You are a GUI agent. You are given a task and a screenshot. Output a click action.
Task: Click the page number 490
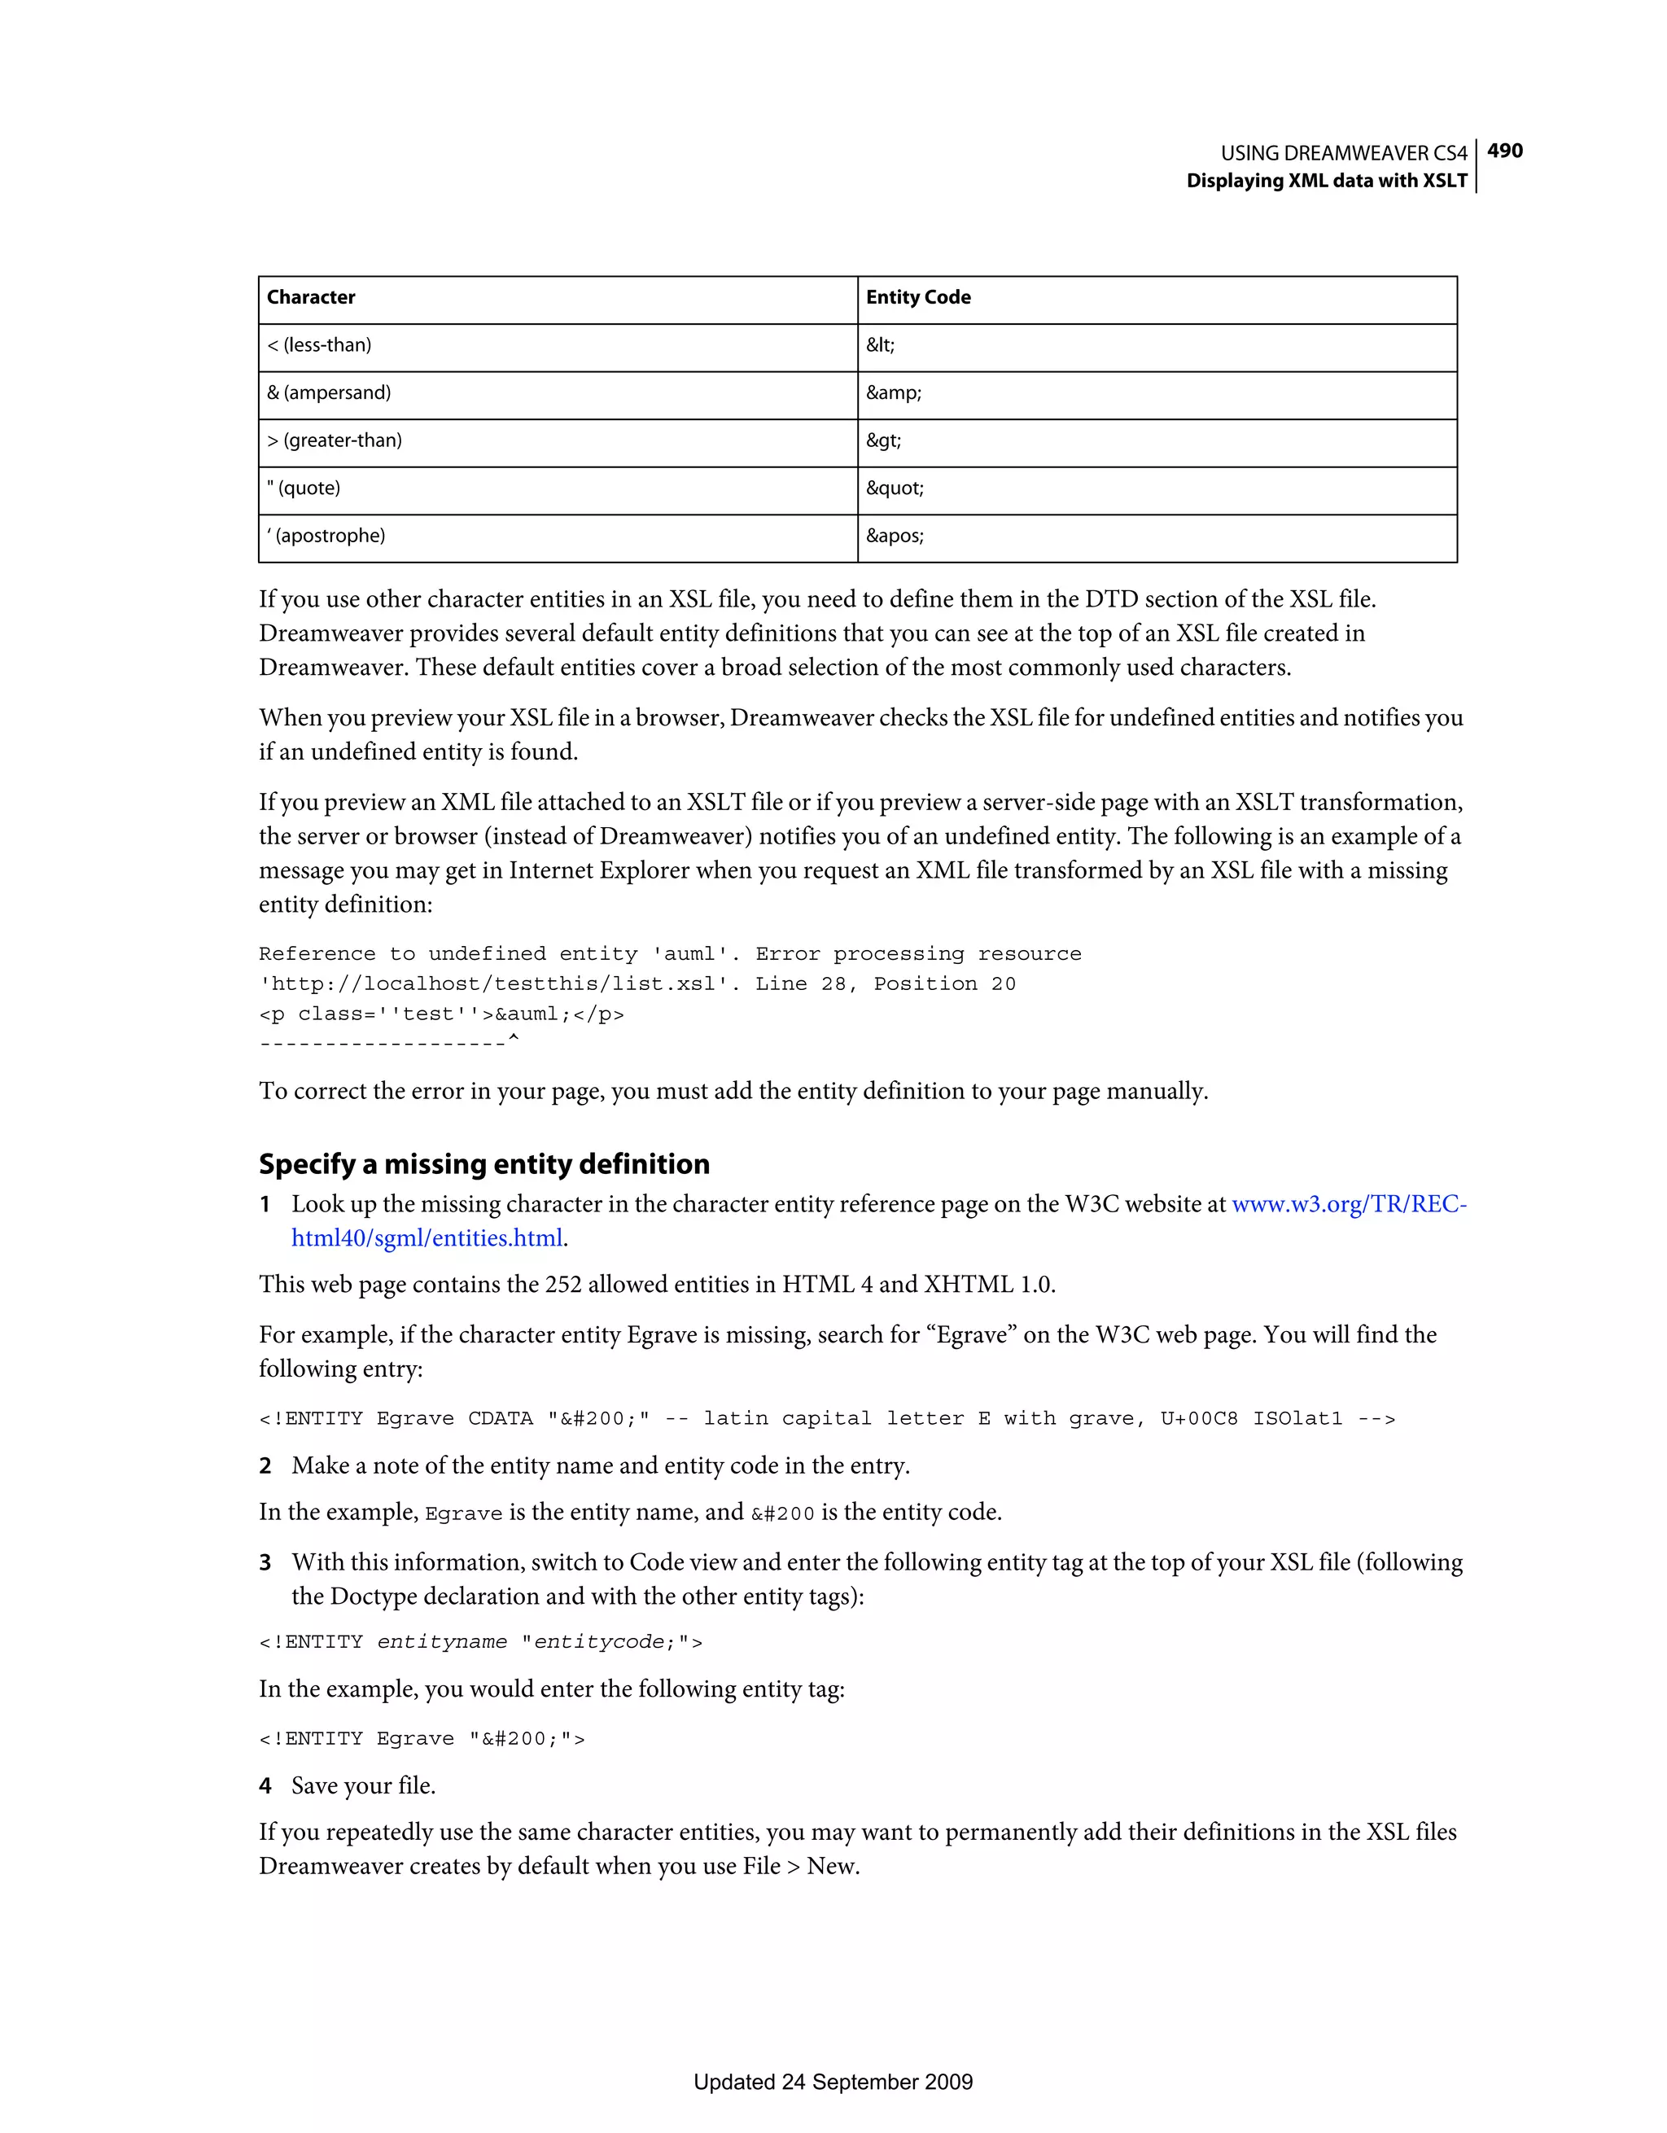tap(1504, 151)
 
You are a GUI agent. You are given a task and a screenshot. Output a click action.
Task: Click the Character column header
tap(311, 297)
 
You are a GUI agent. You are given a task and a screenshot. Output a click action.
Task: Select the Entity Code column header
tap(917, 297)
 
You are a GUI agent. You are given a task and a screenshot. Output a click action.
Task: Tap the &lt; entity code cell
tap(880, 344)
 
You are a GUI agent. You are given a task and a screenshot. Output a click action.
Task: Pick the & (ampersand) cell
tap(329, 392)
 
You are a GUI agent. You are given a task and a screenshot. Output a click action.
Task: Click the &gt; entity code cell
tap(883, 440)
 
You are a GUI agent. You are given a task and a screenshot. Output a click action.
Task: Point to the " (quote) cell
tap(304, 488)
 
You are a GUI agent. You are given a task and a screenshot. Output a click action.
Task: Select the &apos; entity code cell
tap(894, 537)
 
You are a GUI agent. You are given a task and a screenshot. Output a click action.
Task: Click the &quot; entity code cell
tap(894, 488)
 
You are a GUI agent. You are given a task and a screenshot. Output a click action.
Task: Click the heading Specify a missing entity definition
tap(483, 1164)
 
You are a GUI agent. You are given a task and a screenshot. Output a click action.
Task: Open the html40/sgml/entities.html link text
tap(427, 1238)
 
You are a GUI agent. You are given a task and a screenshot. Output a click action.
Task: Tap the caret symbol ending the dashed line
tap(514, 1041)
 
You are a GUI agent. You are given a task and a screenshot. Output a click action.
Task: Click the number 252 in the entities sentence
tap(562, 1285)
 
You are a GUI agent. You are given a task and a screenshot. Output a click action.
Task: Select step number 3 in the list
tap(265, 1562)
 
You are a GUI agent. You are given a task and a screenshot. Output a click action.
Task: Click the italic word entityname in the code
tap(441, 1643)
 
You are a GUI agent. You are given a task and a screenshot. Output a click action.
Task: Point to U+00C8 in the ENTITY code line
tap(1198, 1419)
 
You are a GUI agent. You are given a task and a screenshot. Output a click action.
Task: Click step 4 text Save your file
tap(363, 1786)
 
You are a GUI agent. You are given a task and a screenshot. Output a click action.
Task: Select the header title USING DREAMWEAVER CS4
tap(1343, 153)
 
